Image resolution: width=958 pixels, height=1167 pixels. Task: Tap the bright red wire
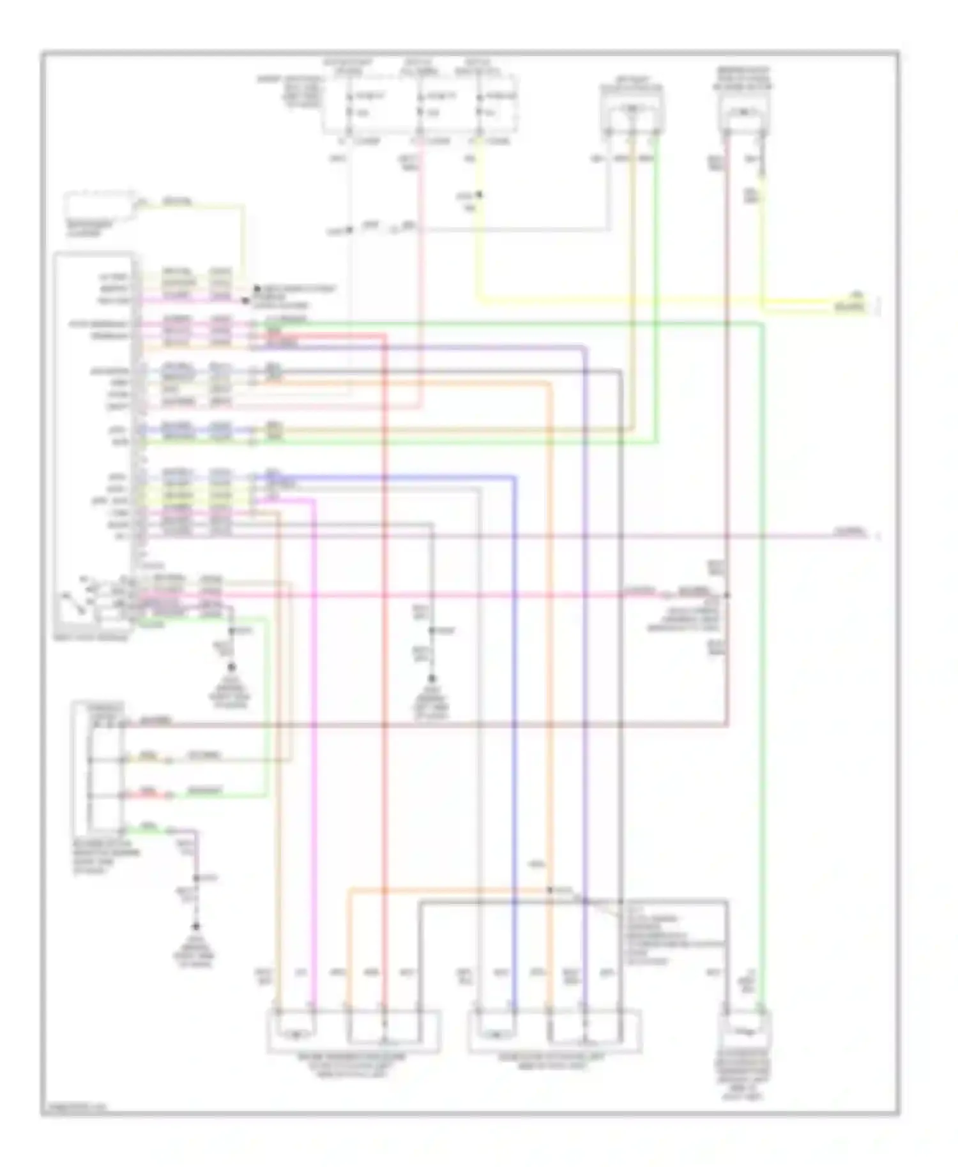tap(385, 638)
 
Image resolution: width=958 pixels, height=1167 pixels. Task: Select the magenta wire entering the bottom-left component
tap(315, 766)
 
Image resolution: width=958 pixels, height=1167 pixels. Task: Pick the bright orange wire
tap(550, 638)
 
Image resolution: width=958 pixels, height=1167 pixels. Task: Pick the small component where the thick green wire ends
tap(745, 1028)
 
